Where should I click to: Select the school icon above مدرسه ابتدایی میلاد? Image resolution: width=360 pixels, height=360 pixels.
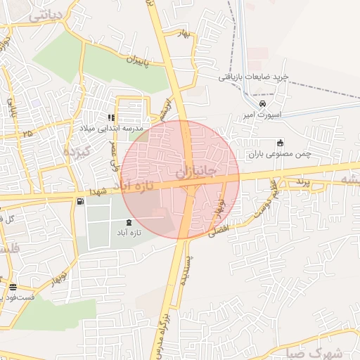[110, 118]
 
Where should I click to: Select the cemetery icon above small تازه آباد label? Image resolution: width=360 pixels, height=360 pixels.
[128, 222]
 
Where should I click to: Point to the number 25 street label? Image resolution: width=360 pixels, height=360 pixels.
[27, 132]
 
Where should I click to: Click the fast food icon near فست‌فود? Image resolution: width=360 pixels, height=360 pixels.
[13, 286]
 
